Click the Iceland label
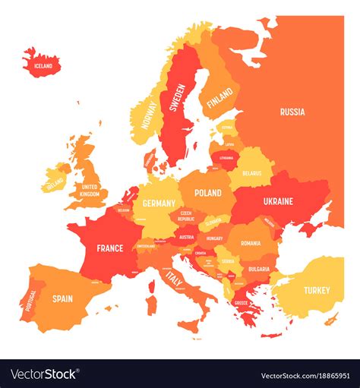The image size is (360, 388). tap(43, 66)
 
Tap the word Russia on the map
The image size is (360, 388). tap(292, 112)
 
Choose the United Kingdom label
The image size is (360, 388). tap(90, 190)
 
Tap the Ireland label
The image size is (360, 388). tap(55, 184)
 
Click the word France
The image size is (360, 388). tap(110, 248)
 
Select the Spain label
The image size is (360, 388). tap(62, 298)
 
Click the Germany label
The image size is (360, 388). tap(158, 203)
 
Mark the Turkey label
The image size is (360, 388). tap(317, 290)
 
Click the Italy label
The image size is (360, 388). tap(174, 280)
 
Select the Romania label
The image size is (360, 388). tap(251, 243)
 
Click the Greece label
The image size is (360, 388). tap(242, 302)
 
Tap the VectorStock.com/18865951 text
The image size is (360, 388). tap(304, 375)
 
